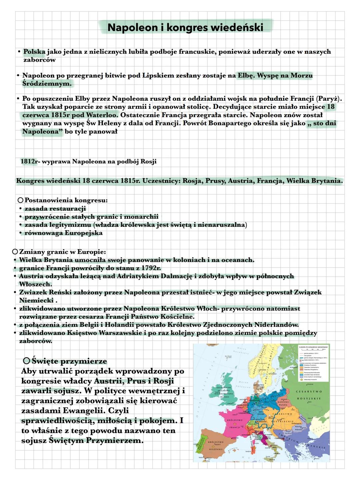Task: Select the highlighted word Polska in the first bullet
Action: coord(34,52)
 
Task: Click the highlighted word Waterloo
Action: coord(102,115)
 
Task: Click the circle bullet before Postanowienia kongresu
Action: coord(20,200)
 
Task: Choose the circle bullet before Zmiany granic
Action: coord(14,252)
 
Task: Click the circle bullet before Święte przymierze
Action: coord(27,361)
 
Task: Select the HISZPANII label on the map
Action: coord(216,449)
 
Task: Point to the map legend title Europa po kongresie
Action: coord(313,347)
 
